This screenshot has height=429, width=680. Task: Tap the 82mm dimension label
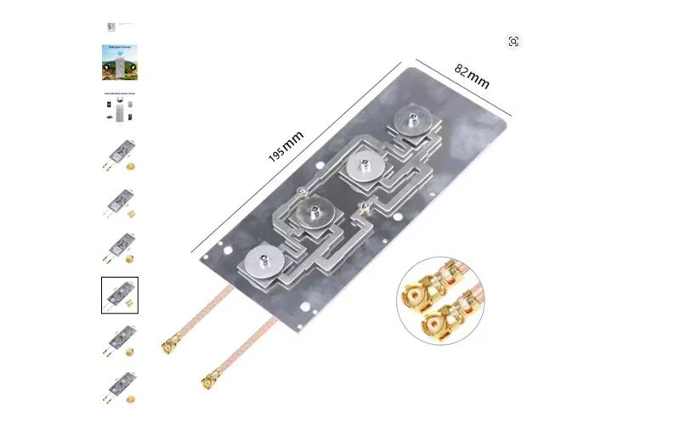[x=472, y=76]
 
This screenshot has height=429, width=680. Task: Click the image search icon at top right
[x=513, y=42]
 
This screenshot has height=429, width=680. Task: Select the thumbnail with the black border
[x=119, y=295]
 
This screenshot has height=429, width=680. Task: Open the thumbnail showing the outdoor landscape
[x=119, y=62]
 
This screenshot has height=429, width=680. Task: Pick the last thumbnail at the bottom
[x=119, y=387]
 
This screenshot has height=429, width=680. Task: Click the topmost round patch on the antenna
[x=411, y=119]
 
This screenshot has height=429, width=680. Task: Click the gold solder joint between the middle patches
[x=363, y=207]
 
